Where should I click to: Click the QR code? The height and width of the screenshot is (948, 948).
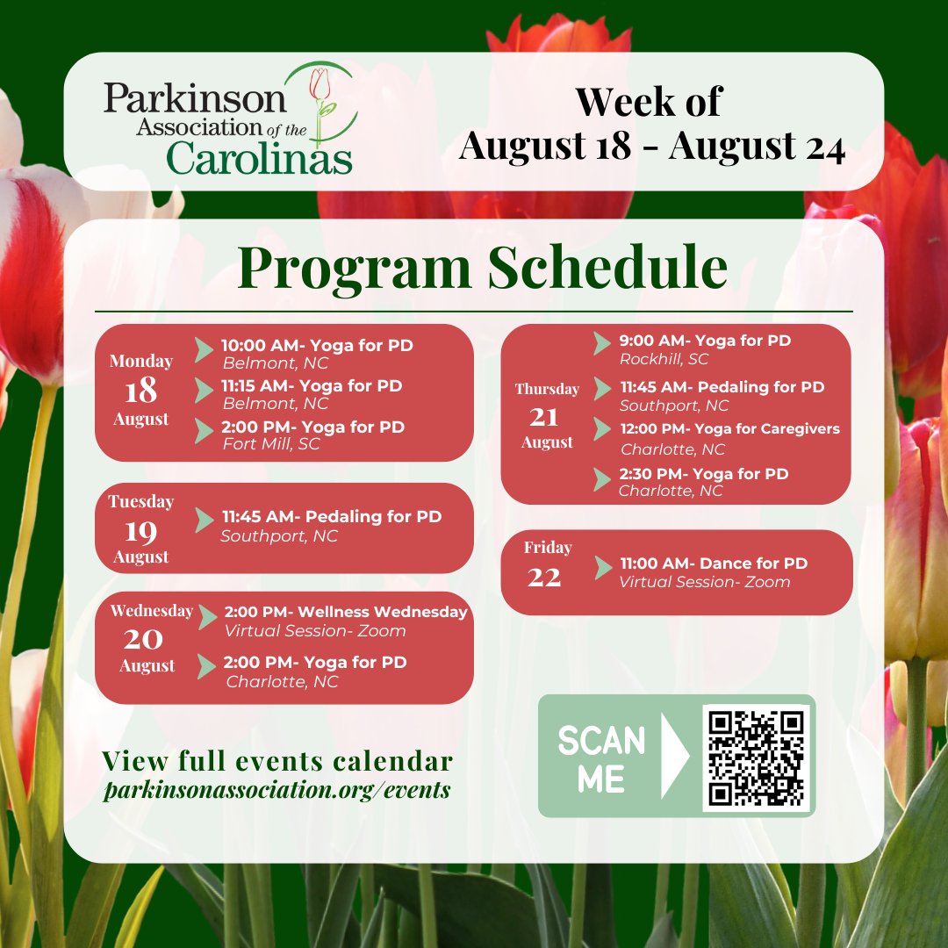tap(756, 758)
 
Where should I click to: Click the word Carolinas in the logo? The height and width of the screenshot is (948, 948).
tap(259, 158)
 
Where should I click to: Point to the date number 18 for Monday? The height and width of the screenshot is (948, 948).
tap(140, 389)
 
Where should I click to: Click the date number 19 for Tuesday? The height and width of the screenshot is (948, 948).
tap(140, 529)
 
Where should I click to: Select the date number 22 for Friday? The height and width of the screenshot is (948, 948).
tap(544, 577)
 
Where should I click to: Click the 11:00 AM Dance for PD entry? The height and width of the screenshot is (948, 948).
tap(714, 564)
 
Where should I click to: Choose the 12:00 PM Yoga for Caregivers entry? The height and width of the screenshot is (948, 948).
tap(729, 429)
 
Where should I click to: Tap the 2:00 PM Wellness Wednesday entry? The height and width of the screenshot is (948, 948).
tap(346, 612)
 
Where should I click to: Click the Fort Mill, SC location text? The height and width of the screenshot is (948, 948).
tap(272, 444)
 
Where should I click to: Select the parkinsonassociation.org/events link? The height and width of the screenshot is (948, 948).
tap(276, 790)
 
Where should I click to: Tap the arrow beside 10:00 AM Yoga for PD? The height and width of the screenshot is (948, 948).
tap(204, 348)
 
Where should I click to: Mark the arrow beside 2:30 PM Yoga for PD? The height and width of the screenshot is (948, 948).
tap(602, 479)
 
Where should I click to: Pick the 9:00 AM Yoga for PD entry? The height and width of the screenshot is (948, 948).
tap(705, 341)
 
